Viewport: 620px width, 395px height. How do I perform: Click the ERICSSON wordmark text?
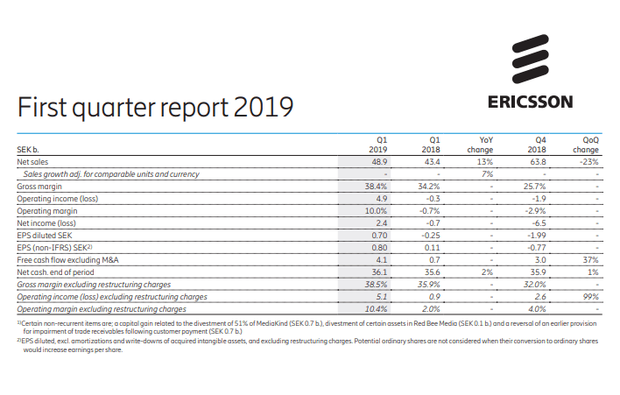click(x=530, y=102)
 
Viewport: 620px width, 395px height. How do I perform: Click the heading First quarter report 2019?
click(x=154, y=106)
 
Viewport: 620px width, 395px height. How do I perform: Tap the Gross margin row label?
click(x=39, y=187)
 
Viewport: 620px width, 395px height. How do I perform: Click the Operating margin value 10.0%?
click(x=376, y=211)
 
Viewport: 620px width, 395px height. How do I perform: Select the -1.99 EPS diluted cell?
click(x=536, y=236)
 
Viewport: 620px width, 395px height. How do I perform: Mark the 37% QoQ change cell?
click(x=590, y=260)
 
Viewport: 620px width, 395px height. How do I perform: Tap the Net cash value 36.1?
click(x=379, y=272)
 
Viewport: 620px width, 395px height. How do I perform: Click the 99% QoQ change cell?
click(x=590, y=297)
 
